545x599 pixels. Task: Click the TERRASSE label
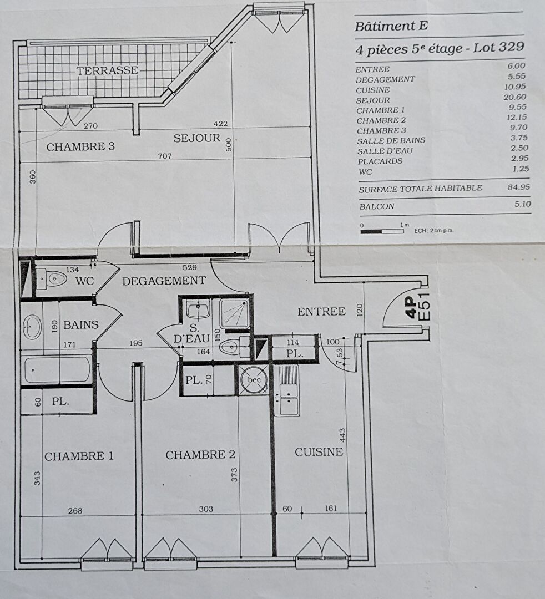108,70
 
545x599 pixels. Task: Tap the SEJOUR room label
197,138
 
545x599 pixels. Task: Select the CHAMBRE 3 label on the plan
80,146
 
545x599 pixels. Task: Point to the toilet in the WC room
51,278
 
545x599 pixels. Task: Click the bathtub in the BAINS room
57,370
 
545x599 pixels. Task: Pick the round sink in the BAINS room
32,327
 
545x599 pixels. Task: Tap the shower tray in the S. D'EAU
234,313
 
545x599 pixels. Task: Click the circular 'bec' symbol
254,380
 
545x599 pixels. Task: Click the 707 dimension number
165,156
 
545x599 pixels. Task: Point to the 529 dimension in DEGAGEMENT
190,267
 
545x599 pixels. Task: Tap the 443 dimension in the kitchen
342,435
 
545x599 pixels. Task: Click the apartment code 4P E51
418,307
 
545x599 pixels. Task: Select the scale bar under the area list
382,231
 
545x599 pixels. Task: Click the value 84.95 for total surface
518,187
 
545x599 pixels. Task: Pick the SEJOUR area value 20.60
515,97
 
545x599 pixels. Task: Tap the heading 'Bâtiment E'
391,27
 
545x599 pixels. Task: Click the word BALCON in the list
376,207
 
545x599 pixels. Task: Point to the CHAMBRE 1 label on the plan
79,456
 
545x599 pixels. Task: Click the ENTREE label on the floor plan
321,312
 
